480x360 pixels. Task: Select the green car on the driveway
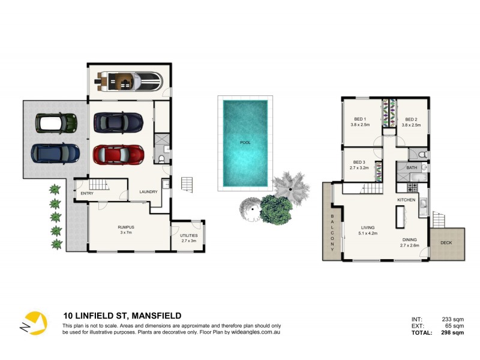point(56,123)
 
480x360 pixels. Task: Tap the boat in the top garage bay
point(131,80)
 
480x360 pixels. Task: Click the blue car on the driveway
point(55,153)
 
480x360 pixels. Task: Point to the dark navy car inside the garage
point(118,122)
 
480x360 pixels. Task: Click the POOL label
point(245,143)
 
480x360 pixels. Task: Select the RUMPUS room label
point(125,227)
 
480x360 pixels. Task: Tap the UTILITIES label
point(188,235)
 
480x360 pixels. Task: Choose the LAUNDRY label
point(148,192)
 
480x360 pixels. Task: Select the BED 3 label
point(359,162)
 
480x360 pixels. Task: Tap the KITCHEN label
point(406,199)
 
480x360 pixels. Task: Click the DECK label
point(446,244)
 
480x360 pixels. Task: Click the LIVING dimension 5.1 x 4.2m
point(368,233)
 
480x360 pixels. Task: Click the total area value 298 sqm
point(453,332)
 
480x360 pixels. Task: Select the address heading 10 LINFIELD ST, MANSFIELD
point(122,316)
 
